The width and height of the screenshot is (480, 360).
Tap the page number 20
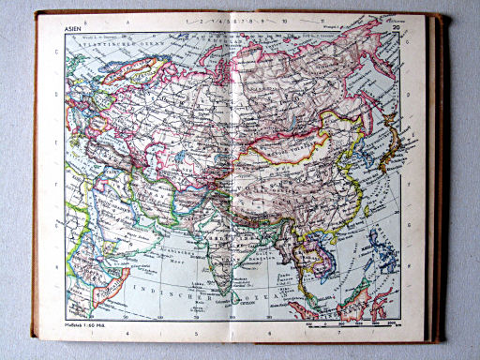(397, 30)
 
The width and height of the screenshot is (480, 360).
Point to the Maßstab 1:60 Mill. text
(85, 324)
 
